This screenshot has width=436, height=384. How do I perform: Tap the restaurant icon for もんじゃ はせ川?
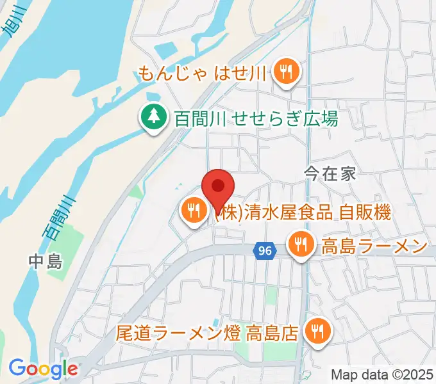click(x=284, y=73)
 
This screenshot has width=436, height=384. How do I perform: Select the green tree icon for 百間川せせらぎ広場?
click(x=153, y=117)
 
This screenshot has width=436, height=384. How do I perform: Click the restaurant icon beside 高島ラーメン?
click(x=301, y=244)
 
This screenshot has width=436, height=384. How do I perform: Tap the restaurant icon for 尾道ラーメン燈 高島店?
click(x=316, y=331)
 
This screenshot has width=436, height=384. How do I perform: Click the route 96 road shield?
click(x=263, y=251)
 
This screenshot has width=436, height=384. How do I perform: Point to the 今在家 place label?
click(x=330, y=173)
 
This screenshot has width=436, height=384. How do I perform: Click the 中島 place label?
click(x=45, y=261)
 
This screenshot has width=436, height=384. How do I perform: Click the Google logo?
click(x=42, y=369)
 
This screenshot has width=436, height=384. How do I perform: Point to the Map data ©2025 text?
click(x=382, y=374)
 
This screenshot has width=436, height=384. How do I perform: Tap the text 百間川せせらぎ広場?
click(x=256, y=118)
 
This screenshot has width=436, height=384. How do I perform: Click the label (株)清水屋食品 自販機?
click(x=303, y=212)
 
